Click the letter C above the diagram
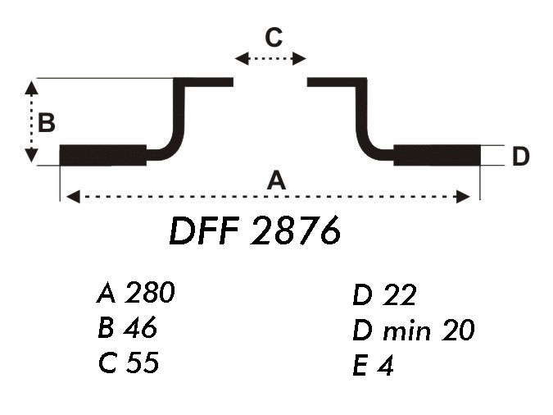coord(273,37)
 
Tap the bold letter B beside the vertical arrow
coord(47,123)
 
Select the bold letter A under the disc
coord(278,180)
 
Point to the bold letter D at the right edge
coord(520,156)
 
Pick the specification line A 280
coord(135,293)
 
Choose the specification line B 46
coord(126,328)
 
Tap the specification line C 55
coord(127,363)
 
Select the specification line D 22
coord(384,295)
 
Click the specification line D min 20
coord(413,331)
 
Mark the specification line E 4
coord(374,366)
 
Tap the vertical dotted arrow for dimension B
coord(31,121)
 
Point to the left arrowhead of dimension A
coord(72,196)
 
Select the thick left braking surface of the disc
coord(103,155)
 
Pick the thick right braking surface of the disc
coord(436,155)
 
